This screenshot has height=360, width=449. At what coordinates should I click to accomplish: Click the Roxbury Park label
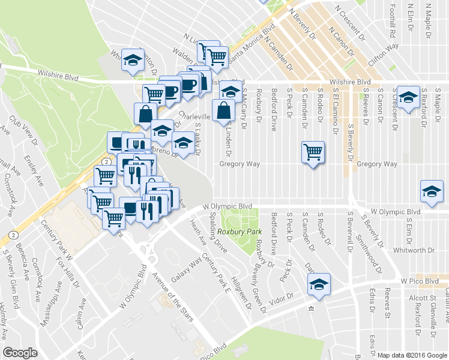click(240, 232)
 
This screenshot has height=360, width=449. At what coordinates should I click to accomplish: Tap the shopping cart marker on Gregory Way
click(313, 152)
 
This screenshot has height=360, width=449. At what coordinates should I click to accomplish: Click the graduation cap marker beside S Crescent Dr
click(408, 97)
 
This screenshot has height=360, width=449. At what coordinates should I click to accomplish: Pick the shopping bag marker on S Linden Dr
click(223, 111)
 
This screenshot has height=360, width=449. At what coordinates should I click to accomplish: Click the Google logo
click(20, 353)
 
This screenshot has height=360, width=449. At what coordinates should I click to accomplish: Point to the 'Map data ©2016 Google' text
click(412, 355)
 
